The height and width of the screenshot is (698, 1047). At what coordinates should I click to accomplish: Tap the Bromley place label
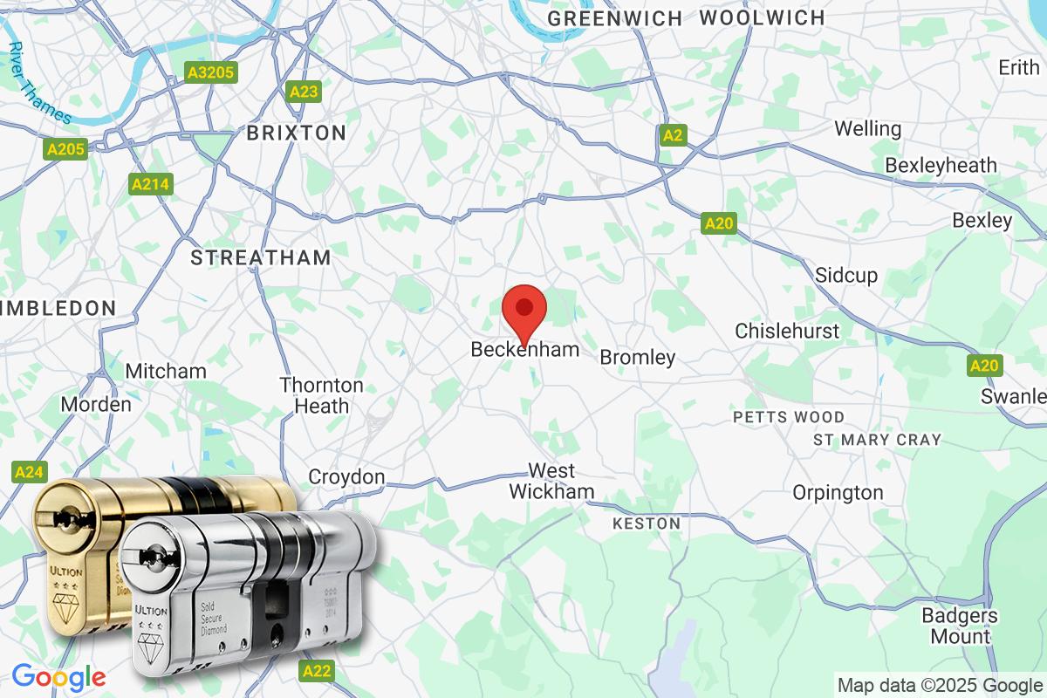[637, 358]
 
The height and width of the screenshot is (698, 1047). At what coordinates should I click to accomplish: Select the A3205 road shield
[210, 72]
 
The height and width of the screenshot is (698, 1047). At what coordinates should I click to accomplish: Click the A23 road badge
[305, 92]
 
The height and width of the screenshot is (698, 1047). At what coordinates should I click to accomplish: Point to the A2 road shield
[672, 135]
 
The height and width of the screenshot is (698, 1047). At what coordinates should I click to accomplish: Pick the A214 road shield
[152, 184]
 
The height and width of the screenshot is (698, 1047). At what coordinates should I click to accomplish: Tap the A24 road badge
[30, 472]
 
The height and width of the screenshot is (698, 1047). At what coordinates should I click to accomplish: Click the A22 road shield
[316, 670]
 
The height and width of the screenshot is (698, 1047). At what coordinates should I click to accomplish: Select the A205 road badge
[66, 149]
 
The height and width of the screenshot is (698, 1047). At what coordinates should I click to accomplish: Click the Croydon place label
[346, 477]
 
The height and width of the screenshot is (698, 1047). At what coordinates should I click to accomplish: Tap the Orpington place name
[838, 493]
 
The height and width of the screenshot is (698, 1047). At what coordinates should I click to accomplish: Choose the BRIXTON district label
[296, 133]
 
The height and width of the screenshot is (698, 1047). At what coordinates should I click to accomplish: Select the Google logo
[58, 676]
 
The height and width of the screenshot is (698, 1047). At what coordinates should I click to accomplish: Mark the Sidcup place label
[846, 276]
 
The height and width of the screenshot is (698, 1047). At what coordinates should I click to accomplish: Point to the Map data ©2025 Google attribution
[940, 684]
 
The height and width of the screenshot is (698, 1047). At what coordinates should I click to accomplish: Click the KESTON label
[647, 523]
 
